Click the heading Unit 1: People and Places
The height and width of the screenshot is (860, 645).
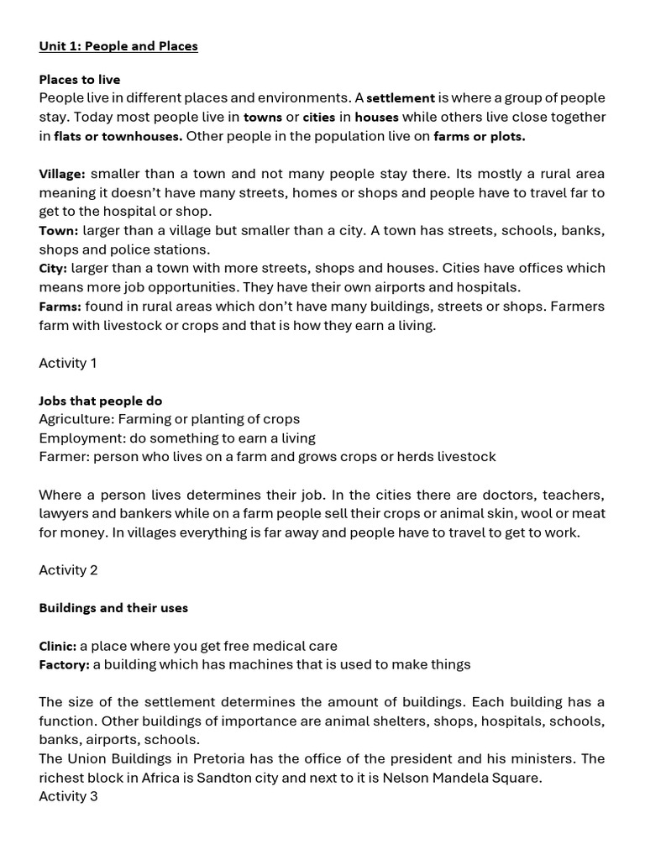118,46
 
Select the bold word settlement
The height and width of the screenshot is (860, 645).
401,98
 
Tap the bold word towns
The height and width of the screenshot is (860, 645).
263,118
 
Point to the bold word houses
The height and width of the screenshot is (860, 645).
376,118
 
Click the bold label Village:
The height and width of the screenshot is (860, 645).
62,175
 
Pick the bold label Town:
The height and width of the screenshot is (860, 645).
59,231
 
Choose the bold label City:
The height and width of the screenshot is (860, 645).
53,269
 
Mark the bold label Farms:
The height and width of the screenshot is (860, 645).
60,307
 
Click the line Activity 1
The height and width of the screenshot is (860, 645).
68,363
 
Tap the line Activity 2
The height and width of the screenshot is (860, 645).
68,570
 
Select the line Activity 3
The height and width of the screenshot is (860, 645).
68,796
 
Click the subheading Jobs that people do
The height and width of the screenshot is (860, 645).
101,401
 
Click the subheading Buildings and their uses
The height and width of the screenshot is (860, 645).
113,608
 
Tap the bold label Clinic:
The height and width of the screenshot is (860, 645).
58,646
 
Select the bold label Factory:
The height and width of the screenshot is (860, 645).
64,665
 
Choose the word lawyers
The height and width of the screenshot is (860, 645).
64,513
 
